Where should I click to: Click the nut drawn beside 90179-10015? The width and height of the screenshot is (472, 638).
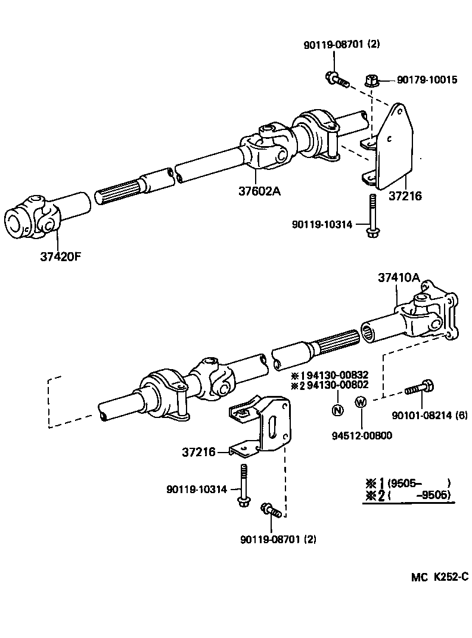[371, 79]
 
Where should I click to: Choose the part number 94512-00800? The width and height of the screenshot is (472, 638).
[362, 435]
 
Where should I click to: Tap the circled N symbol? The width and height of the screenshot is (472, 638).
[337, 410]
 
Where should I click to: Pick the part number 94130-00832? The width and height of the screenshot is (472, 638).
[337, 375]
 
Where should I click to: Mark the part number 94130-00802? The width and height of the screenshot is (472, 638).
[337, 385]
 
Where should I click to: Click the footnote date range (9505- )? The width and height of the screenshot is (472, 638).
[418, 483]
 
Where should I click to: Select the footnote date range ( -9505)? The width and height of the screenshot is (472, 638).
[418, 494]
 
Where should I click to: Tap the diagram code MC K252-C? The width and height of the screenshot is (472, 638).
[439, 577]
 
